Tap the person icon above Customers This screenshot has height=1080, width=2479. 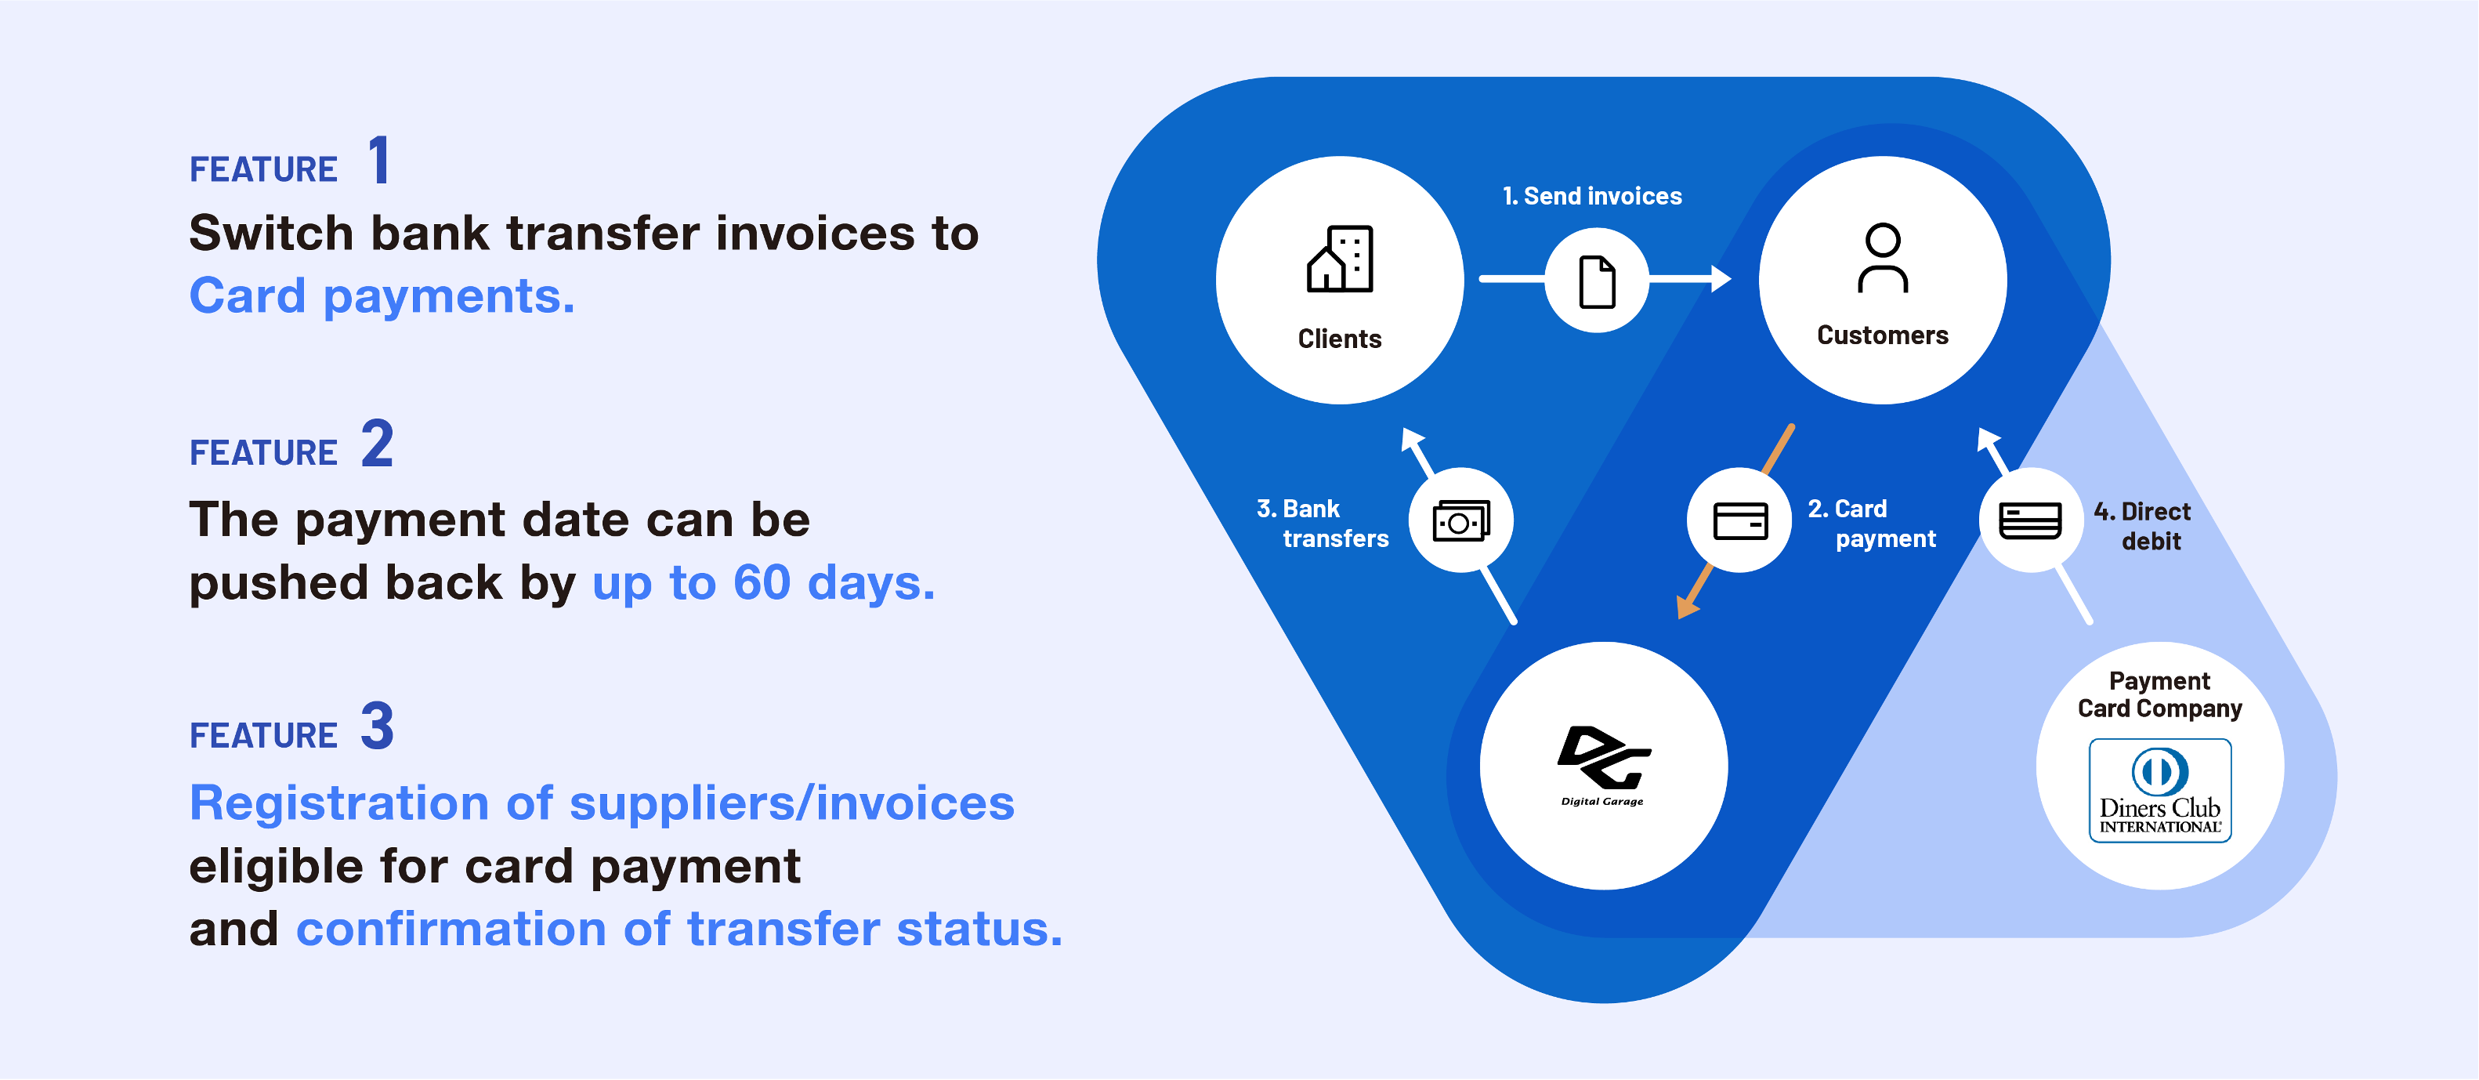(1882, 257)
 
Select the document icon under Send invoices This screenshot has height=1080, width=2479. (1597, 282)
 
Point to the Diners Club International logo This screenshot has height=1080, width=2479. (2159, 790)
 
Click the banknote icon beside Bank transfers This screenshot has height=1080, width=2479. (1460, 520)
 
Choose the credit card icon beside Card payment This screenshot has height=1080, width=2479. (1740, 520)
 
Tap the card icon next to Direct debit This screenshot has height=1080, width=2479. (2029, 520)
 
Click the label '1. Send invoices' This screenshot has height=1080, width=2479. (1592, 197)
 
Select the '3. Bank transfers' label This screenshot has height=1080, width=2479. (1323, 524)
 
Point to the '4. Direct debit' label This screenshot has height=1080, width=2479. (2142, 526)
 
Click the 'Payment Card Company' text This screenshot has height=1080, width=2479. (2159, 695)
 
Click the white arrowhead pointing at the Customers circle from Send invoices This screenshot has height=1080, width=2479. (1721, 279)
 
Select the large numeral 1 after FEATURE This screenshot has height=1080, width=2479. (380, 160)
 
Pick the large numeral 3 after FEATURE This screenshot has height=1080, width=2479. (377, 726)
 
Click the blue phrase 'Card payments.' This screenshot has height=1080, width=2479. (382, 296)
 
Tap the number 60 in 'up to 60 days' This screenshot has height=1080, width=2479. (762, 582)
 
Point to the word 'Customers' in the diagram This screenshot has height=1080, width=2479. (1882, 335)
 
